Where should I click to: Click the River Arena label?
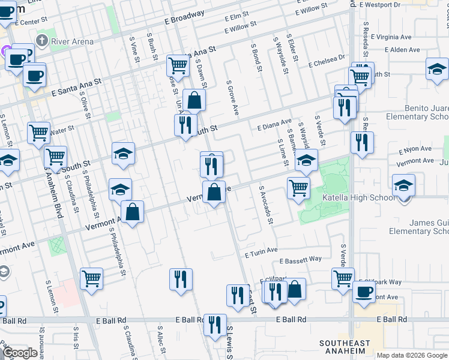pyautogui.click(x=73, y=41)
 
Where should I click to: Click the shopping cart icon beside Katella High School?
pyautogui.click(x=298, y=188)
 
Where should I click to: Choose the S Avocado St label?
pyautogui.click(x=266, y=205)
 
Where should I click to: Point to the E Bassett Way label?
pyautogui.click(x=301, y=260)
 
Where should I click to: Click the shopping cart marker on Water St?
pyautogui.click(x=38, y=132)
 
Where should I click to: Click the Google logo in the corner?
pyautogui.click(x=20, y=353)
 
